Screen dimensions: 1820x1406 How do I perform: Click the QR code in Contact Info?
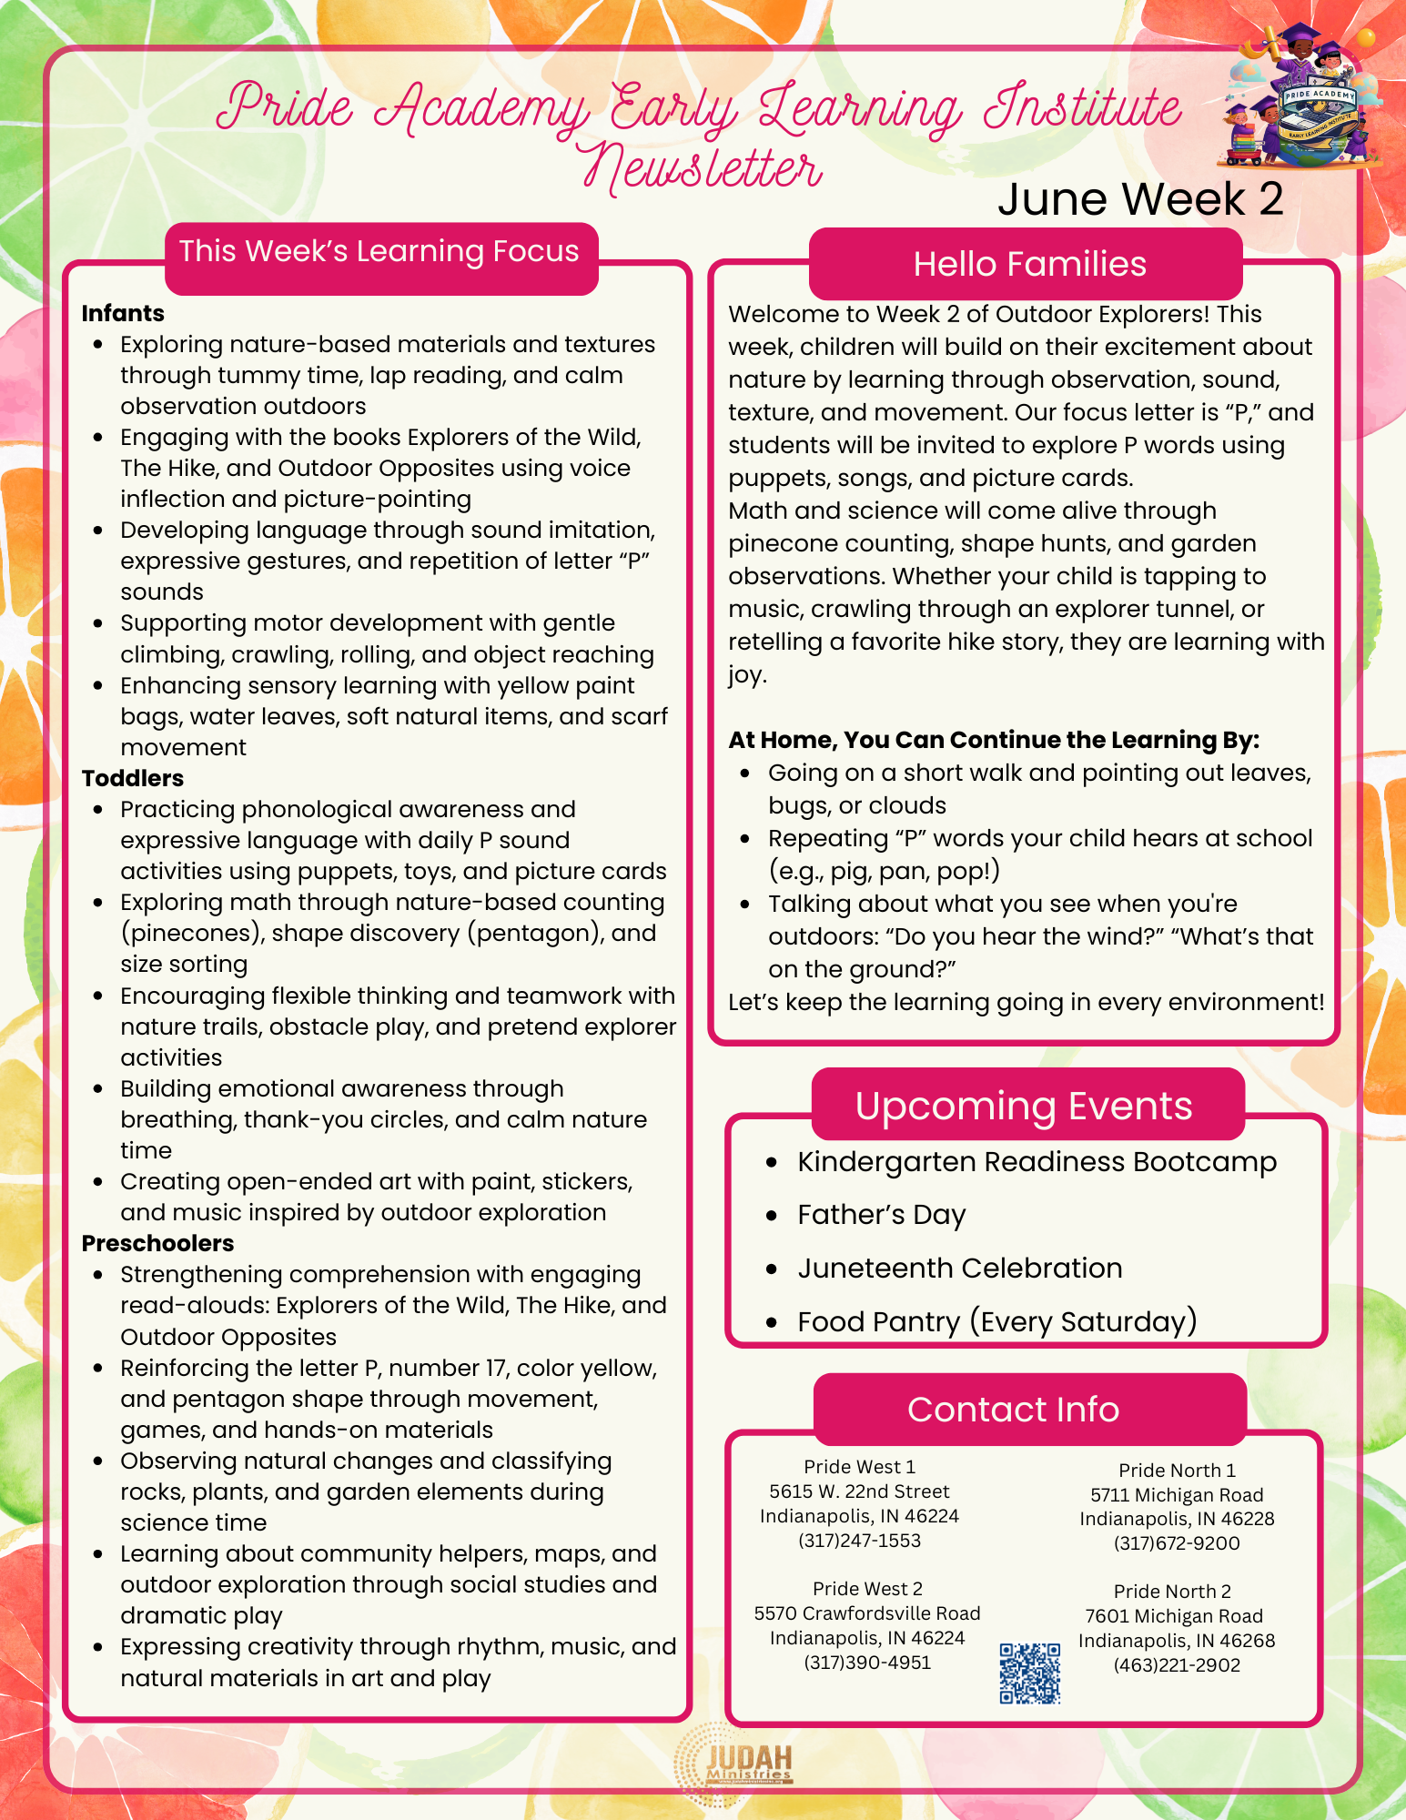tap(1029, 1673)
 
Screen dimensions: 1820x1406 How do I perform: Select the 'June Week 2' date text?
tap(1139, 199)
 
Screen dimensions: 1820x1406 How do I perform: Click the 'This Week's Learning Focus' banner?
tap(379, 252)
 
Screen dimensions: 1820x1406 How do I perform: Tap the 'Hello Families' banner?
tap(1029, 264)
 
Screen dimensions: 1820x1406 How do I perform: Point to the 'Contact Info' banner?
tap(1013, 1410)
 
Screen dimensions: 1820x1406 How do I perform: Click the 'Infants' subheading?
tap(123, 314)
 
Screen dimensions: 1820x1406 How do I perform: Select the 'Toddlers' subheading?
tap(133, 779)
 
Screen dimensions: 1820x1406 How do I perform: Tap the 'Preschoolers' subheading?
tap(157, 1244)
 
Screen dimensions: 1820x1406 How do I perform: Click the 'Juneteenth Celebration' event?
tap(959, 1269)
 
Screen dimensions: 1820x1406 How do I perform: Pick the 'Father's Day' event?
tap(881, 1216)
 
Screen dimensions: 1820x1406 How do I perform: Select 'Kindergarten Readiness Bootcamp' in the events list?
tap(1037, 1163)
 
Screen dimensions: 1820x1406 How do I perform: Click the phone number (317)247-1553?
tap(859, 1541)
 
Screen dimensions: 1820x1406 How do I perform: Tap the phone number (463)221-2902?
tap(1176, 1665)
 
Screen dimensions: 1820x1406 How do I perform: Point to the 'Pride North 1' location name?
tap(1177, 1471)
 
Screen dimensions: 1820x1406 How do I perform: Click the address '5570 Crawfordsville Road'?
tap(866, 1613)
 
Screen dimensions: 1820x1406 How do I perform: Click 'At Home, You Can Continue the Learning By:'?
tap(994, 741)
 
